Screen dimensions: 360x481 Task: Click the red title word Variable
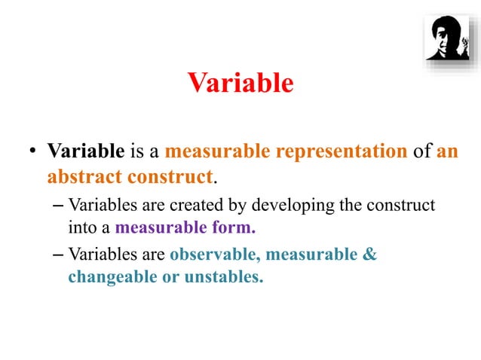(x=240, y=83)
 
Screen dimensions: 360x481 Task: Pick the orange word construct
(x=167, y=178)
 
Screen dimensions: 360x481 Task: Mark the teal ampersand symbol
(x=369, y=255)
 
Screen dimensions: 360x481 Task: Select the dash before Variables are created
(x=60, y=205)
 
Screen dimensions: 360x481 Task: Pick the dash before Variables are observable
(x=60, y=255)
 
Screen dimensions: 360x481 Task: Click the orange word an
(x=447, y=151)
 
